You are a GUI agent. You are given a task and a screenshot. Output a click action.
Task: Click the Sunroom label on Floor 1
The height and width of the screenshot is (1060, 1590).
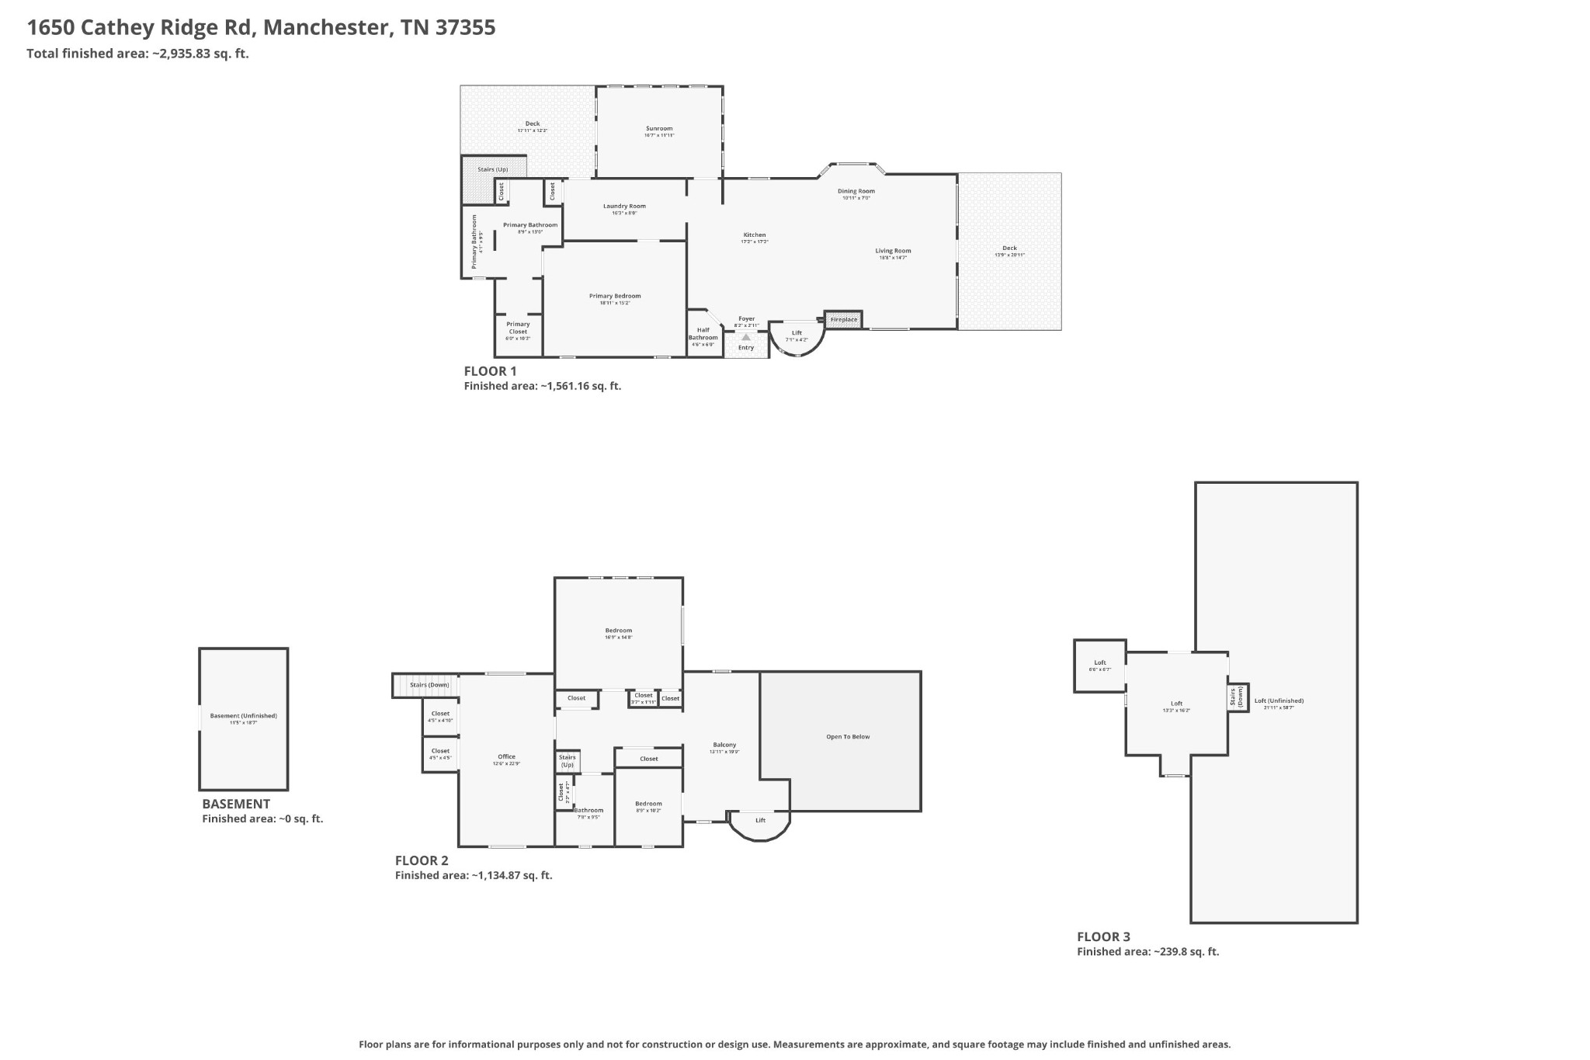(x=659, y=129)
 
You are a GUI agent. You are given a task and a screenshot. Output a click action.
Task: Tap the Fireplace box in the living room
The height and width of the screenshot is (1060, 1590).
(x=844, y=319)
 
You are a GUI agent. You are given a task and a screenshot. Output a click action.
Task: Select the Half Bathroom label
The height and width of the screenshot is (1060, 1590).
(x=703, y=334)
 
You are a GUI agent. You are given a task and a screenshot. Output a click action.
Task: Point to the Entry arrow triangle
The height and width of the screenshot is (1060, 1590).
(x=746, y=337)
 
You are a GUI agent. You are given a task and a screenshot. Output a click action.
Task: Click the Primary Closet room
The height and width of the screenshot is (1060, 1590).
(x=518, y=330)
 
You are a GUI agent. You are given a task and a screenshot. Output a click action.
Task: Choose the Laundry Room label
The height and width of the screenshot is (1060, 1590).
(x=624, y=207)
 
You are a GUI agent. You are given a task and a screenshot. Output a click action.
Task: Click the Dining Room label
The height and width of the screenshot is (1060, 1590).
(x=856, y=191)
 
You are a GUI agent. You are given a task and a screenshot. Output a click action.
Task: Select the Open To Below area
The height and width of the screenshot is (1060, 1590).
(x=848, y=736)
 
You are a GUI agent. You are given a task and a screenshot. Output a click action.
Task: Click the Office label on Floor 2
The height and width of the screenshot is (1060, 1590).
(x=506, y=756)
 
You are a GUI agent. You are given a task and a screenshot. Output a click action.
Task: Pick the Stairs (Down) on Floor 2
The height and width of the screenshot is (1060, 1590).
(x=429, y=685)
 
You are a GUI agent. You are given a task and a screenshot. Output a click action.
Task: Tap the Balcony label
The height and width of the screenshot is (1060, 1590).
(x=724, y=745)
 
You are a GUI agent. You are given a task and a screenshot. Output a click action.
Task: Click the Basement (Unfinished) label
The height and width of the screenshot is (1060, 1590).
(x=244, y=716)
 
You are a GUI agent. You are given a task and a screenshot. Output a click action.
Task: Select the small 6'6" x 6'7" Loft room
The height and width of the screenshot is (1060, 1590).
(x=1099, y=665)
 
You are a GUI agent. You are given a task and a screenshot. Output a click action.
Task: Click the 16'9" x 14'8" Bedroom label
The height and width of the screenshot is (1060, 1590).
(x=619, y=631)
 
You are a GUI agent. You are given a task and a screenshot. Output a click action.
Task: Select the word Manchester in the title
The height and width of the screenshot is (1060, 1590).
(x=325, y=28)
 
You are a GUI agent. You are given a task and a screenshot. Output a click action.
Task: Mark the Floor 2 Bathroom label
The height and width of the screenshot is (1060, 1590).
(x=588, y=810)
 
